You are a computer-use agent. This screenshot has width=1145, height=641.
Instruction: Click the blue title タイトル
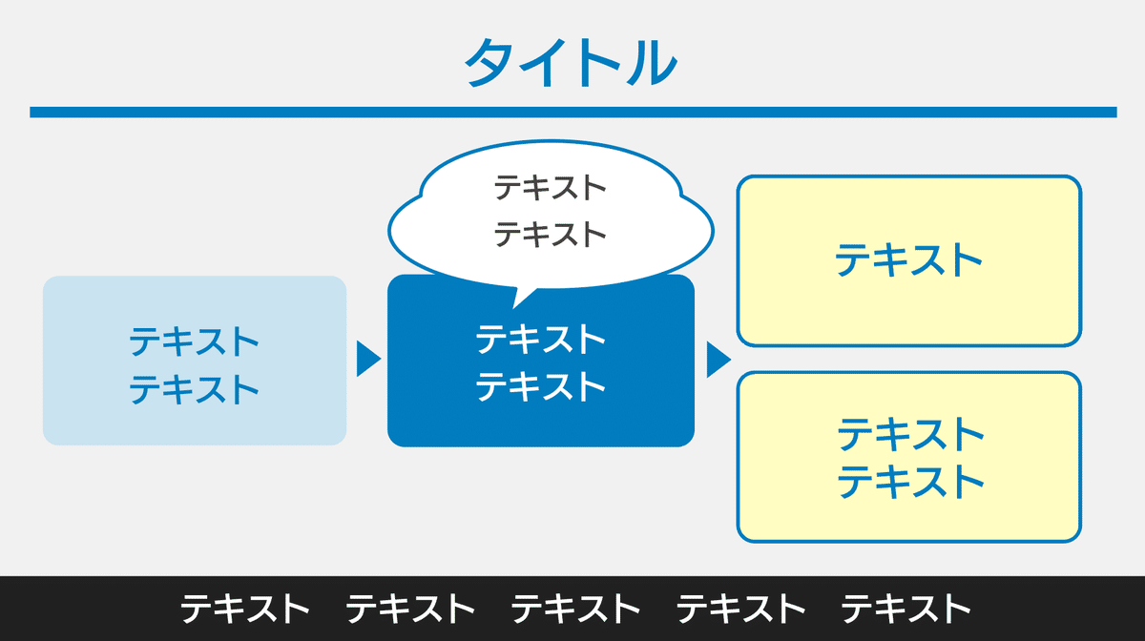(x=571, y=62)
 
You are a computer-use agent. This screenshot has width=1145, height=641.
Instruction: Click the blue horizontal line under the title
(x=573, y=112)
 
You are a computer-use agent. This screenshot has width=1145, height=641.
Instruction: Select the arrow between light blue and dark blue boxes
(x=368, y=359)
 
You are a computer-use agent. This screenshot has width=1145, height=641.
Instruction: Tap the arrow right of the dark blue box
(x=718, y=360)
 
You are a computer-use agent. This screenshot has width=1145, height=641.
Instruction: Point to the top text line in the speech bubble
(x=550, y=188)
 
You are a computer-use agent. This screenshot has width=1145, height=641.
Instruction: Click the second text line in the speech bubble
(x=550, y=235)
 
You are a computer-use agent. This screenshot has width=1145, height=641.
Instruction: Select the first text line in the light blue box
(x=194, y=341)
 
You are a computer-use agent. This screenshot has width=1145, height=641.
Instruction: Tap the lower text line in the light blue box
(x=194, y=389)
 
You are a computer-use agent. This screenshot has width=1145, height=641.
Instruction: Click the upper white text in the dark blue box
(x=541, y=339)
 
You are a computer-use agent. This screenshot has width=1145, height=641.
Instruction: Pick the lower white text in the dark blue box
(x=541, y=386)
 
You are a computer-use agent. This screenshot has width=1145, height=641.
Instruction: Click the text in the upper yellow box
(x=908, y=260)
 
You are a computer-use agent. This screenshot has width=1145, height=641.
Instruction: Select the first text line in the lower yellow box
(x=911, y=434)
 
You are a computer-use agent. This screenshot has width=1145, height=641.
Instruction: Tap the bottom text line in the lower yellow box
(x=911, y=481)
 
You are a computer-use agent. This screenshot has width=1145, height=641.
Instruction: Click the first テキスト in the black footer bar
(x=245, y=609)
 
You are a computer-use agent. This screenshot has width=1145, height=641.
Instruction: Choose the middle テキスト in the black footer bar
(x=575, y=609)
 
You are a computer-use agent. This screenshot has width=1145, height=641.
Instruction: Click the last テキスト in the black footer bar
(x=906, y=609)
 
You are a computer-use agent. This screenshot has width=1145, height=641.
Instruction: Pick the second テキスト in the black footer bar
(x=410, y=609)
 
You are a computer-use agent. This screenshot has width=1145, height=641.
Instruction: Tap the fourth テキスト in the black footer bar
(x=740, y=609)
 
